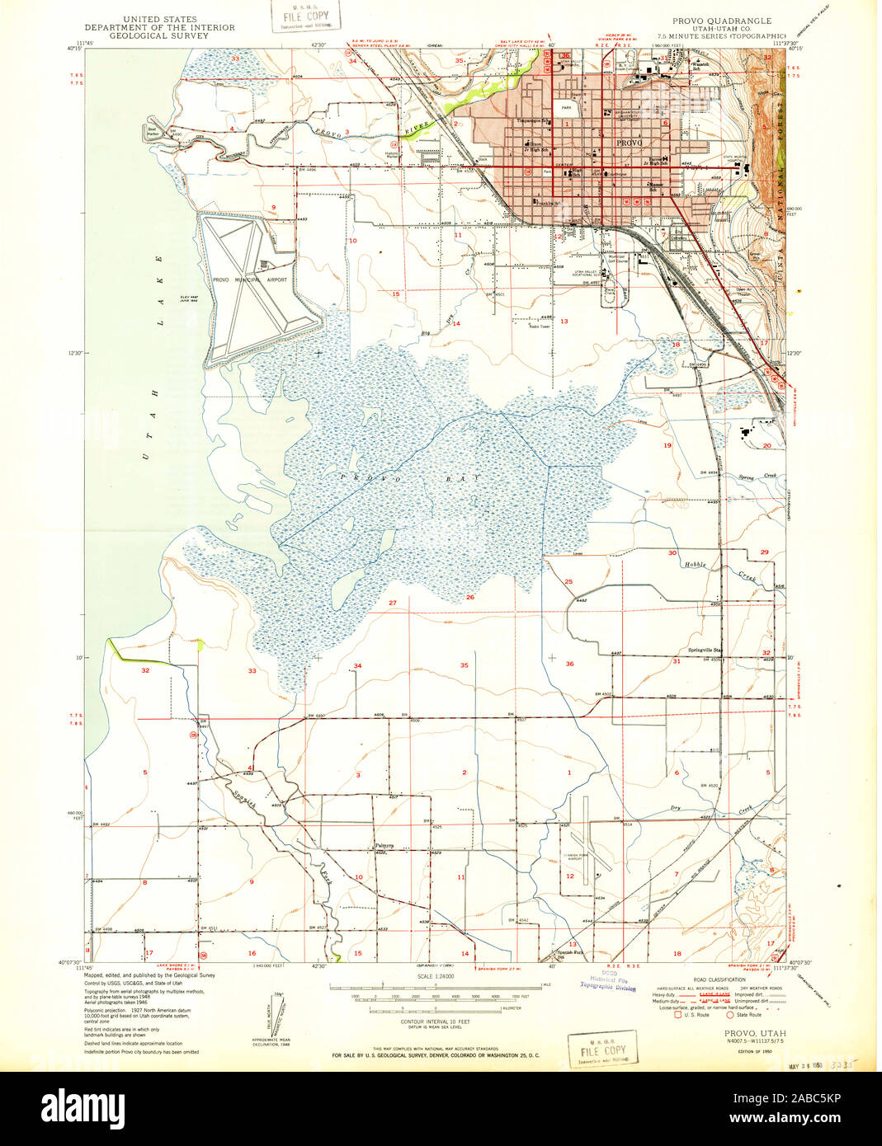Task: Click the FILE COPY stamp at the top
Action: pyautogui.click(x=305, y=17)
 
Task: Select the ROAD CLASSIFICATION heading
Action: pyautogui.click(x=719, y=979)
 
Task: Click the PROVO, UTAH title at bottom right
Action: pyautogui.click(x=755, y=1033)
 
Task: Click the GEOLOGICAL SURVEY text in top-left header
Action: pyautogui.click(x=159, y=35)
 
